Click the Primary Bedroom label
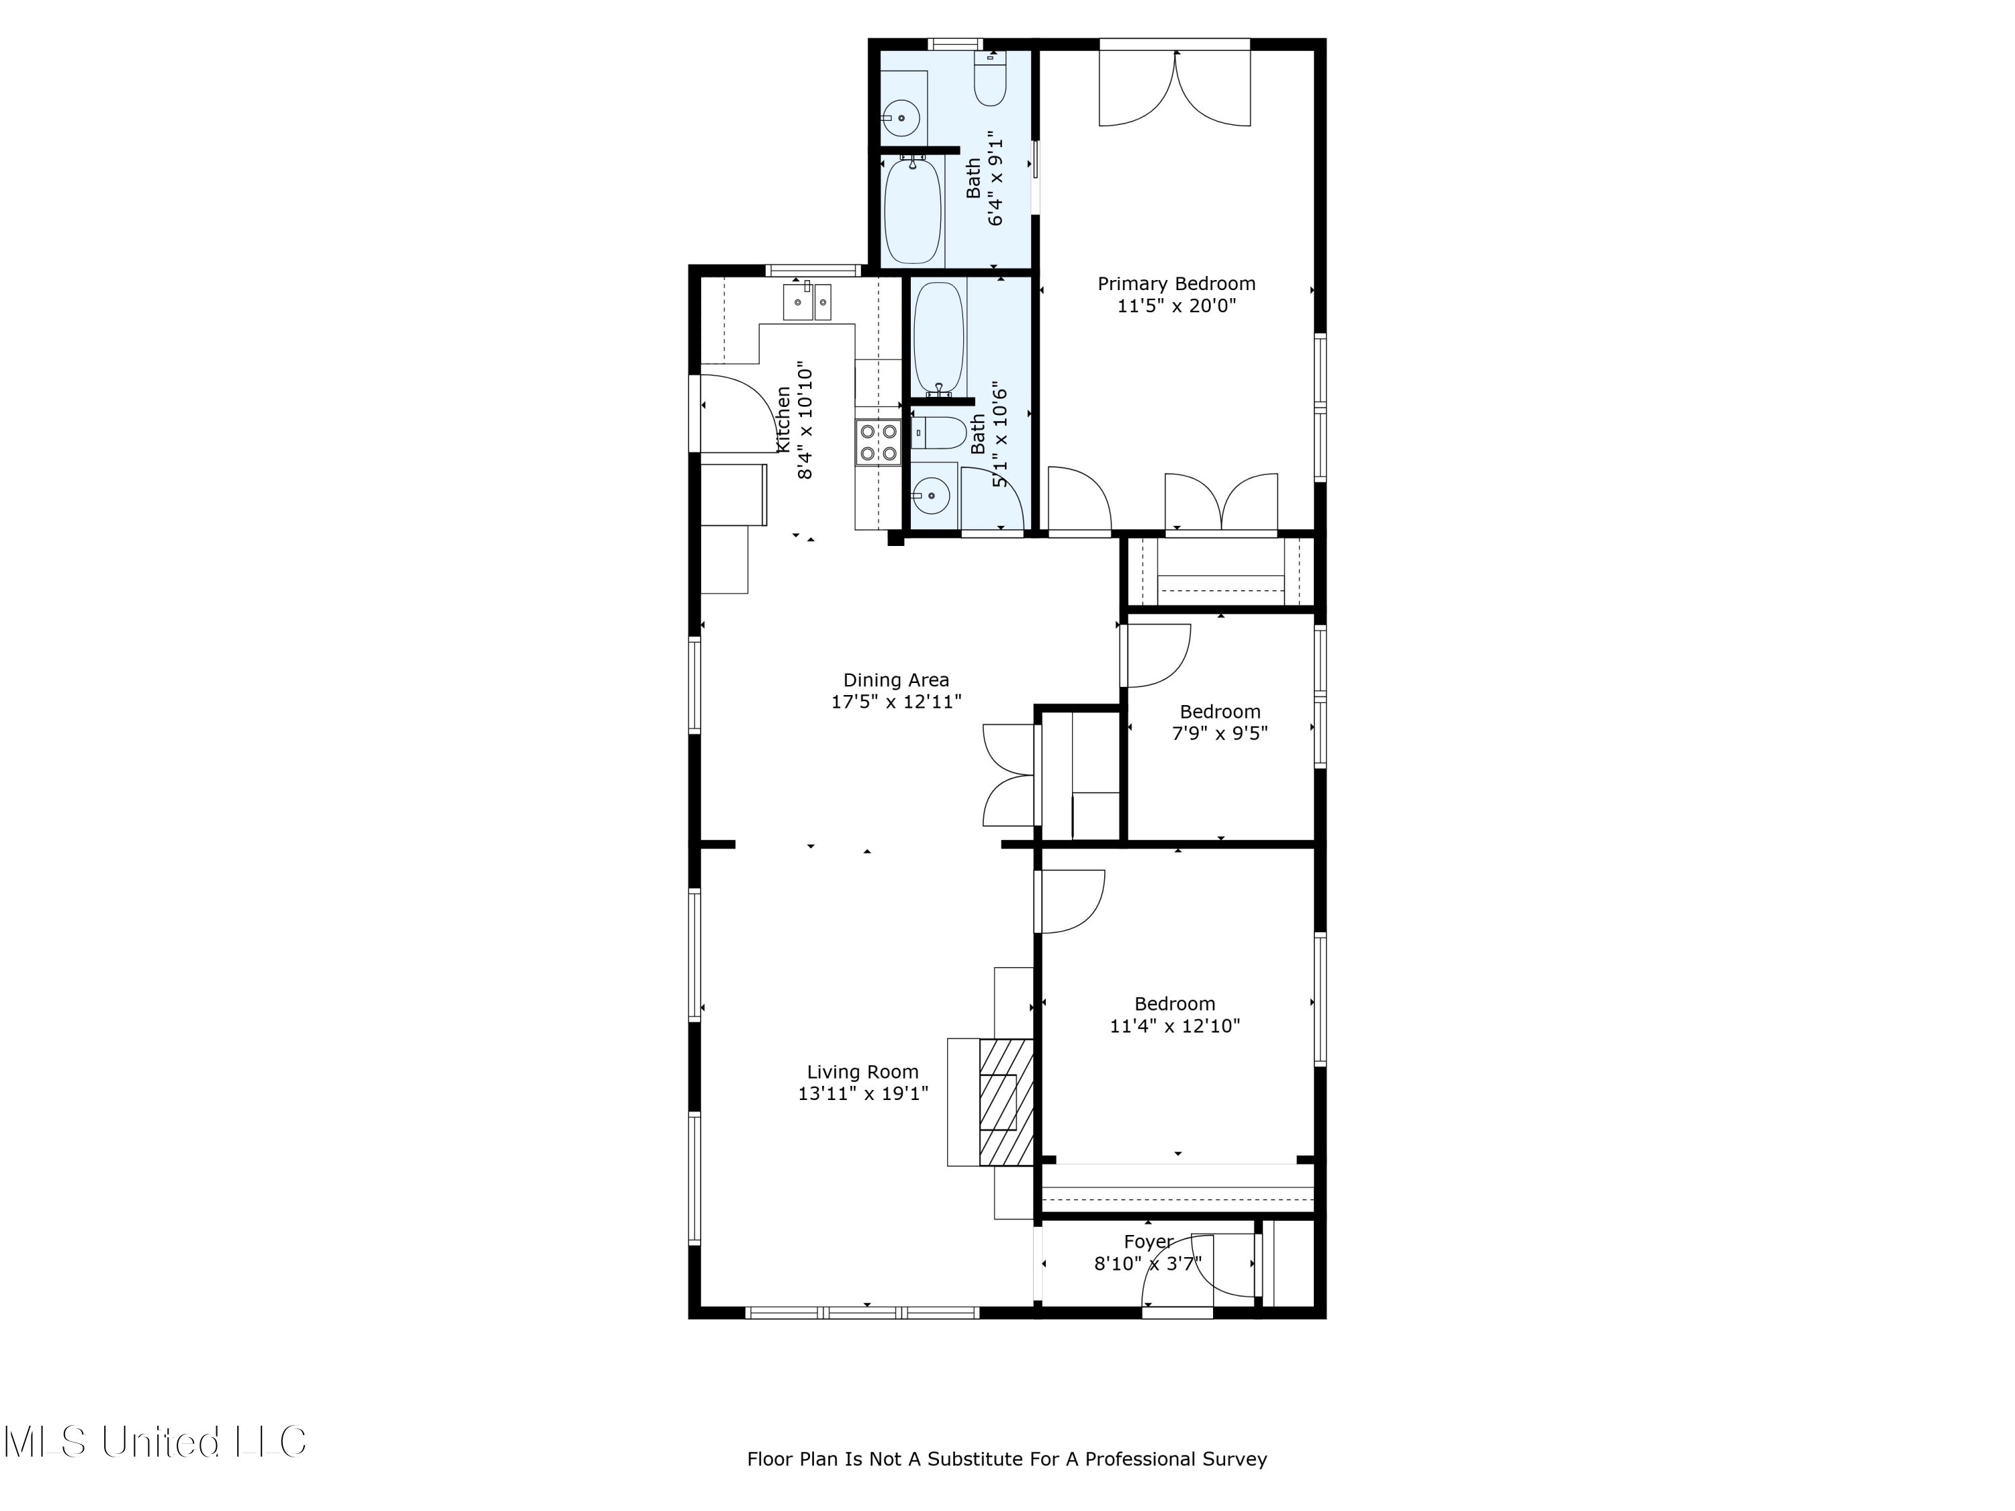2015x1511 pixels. tap(1176, 284)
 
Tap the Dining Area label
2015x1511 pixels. tap(897, 680)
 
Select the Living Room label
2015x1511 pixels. tap(862, 1072)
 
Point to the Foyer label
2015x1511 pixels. tap(1148, 1242)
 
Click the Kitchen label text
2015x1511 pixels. tap(783, 419)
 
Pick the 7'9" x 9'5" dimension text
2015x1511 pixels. tap(1220, 733)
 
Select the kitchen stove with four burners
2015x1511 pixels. tap(878, 443)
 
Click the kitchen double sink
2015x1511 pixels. tap(807, 302)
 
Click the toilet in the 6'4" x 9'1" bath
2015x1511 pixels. tap(989, 79)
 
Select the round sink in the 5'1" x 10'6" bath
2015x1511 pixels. tap(930, 496)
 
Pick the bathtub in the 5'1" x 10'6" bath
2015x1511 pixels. tap(938, 337)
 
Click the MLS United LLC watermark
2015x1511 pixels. tap(155, 1442)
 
